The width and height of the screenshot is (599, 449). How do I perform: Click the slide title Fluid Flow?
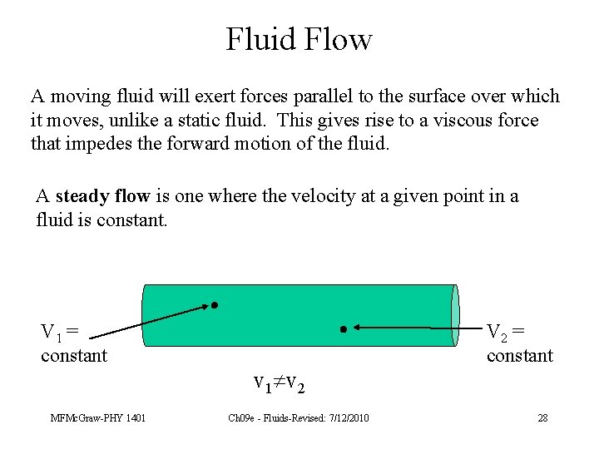(299, 39)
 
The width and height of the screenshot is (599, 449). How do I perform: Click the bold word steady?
(81, 196)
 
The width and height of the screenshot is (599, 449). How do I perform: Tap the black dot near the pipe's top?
(214, 305)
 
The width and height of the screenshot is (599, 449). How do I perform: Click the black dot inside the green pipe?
(344, 329)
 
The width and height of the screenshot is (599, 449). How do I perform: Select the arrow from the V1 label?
(150, 321)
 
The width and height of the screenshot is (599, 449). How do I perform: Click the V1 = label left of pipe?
(60, 332)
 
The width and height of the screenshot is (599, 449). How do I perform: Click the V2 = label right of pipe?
(505, 332)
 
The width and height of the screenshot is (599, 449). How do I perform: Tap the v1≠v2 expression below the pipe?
(279, 383)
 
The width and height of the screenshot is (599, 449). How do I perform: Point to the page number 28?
(542, 417)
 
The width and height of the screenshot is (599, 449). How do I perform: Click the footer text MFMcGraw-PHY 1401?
(97, 417)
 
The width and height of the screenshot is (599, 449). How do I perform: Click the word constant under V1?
(74, 356)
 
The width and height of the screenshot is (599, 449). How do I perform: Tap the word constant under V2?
(520, 356)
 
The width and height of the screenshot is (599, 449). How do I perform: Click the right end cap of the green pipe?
(454, 315)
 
